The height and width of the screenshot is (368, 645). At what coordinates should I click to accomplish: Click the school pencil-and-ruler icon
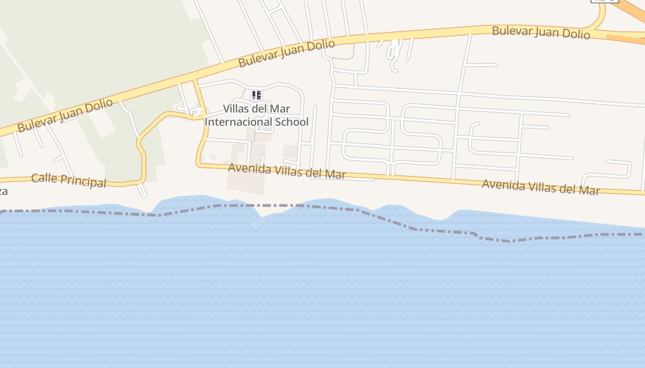[x=256, y=95]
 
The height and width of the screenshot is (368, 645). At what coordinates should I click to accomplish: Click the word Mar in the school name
[x=281, y=109]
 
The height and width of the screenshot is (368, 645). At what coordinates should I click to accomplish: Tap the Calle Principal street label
[x=69, y=180]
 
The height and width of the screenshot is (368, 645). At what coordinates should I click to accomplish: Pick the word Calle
[x=43, y=178]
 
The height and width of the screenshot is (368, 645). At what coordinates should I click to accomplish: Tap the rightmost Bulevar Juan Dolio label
[x=541, y=33]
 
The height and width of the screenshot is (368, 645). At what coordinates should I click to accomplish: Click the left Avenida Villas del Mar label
[x=287, y=171]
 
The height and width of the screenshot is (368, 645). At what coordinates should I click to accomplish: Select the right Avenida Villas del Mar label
[x=540, y=187]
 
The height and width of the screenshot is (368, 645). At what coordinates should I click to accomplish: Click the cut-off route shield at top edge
[x=604, y=1]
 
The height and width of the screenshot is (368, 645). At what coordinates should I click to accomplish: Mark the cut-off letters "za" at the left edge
[x=4, y=191]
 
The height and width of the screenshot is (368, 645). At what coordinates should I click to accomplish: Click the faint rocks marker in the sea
[x=258, y=224]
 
